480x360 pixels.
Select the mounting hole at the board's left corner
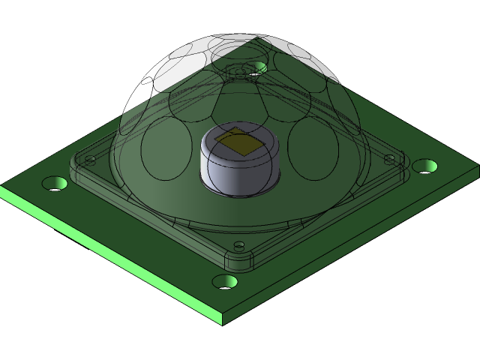pyautogui.click(x=54, y=183)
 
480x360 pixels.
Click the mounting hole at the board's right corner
pyautogui.click(x=424, y=165)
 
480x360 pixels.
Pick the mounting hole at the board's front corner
pyautogui.click(x=225, y=281)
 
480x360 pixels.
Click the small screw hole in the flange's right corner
pyautogui.click(x=389, y=157)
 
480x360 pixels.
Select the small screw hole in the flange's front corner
pyautogui.click(x=238, y=245)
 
